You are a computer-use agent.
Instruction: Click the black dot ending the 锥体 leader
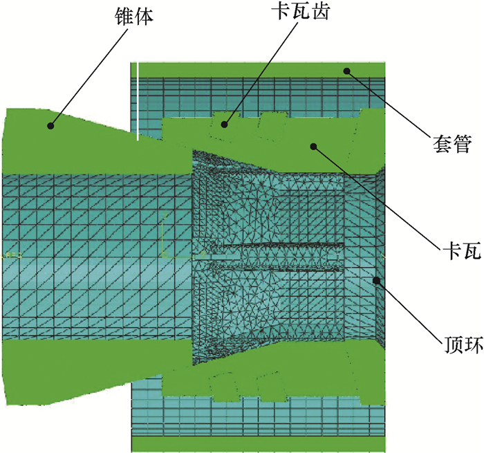click(x=50, y=125)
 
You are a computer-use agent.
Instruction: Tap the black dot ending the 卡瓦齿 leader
click(x=224, y=124)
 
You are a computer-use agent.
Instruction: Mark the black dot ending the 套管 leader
click(x=348, y=70)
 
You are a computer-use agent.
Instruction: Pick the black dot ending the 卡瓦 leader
click(x=313, y=145)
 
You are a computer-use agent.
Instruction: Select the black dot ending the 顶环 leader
click(x=377, y=280)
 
